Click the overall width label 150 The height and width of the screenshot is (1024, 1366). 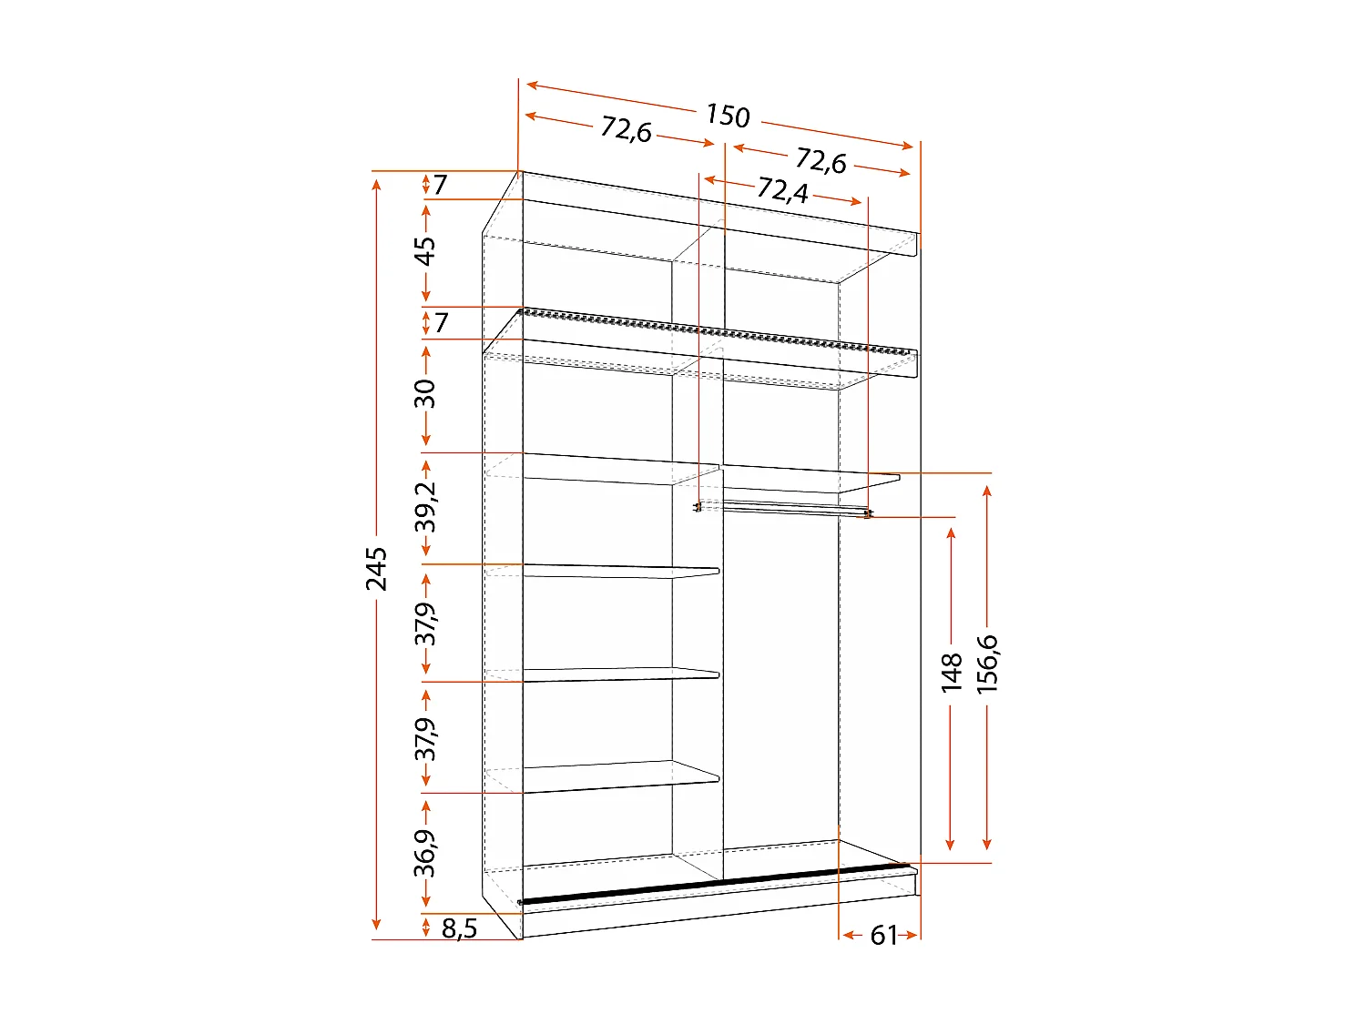[728, 116]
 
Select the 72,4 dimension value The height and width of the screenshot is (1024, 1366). [782, 190]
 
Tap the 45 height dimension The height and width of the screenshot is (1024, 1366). [425, 250]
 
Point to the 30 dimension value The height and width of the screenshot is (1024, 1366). [425, 393]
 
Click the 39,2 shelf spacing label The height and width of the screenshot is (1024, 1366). [425, 507]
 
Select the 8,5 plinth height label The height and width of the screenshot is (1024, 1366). [459, 928]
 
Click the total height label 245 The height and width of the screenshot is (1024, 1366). [376, 568]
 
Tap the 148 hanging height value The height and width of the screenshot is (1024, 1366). [952, 672]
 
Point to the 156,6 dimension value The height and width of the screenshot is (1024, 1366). [988, 664]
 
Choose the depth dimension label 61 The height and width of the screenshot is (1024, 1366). [883, 935]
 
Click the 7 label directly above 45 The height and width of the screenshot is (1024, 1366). [441, 185]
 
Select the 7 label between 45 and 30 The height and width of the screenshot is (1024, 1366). [442, 322]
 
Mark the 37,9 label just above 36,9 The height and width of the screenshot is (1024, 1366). [425, 738]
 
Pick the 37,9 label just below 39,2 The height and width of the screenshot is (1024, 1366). [425, 623]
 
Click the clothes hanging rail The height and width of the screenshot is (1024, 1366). [783, 507]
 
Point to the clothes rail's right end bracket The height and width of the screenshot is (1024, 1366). [868, 514]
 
